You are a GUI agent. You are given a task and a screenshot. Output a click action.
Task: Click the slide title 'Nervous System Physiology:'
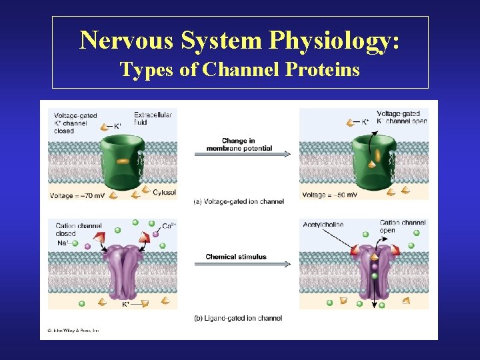tap(240, 41)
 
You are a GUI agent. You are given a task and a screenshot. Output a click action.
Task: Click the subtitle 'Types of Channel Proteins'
tap(240, 69)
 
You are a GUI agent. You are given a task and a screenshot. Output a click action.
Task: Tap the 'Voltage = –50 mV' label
tap(329, 195)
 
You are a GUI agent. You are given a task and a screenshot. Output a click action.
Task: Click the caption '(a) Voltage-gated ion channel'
tap(238, 201)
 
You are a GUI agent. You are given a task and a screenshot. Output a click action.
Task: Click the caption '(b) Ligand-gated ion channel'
tap(237, 318)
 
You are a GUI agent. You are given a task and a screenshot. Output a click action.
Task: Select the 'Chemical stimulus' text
tap(236, 257)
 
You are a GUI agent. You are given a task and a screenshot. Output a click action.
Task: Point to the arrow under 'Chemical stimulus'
tap(242, 265)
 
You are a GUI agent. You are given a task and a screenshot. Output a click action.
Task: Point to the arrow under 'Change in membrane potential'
tap(242, 154)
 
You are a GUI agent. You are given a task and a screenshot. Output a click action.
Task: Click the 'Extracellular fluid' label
tap(153, 119)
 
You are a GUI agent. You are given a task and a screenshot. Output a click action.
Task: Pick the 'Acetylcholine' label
tap(322, 225)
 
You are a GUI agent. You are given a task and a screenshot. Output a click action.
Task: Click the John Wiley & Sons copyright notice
tap(73, 331)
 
